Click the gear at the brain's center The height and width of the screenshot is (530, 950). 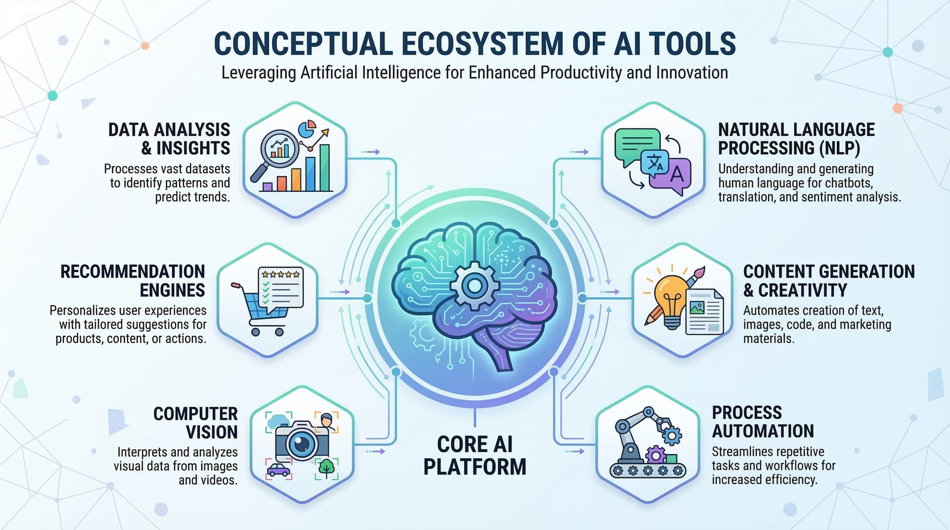coord(474,285)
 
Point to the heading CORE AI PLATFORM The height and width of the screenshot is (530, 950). coord(475,455)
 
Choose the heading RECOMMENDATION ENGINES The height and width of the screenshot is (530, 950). coord(133,281)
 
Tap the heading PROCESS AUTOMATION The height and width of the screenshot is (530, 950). coord(762,422)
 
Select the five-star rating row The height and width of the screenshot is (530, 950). coord(281,274)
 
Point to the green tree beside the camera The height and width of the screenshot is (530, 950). coord(326,468)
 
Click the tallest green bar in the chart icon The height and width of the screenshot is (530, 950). coord(325,168)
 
